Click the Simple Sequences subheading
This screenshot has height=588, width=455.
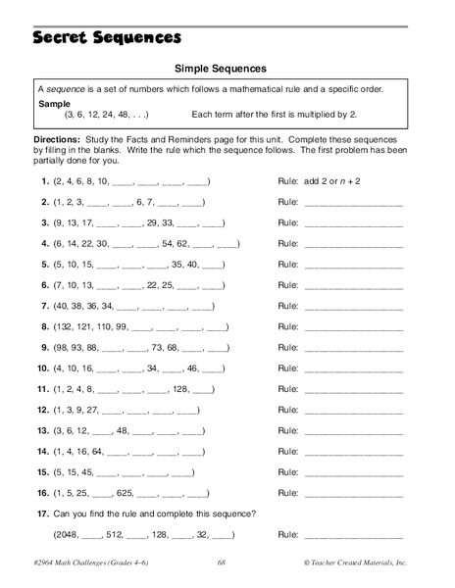pyautogui.click(x=220, y=69)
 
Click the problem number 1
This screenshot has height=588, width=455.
pyautogui.click(x=45, y=182)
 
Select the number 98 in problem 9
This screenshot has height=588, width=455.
pyautogui.click(x=64, y=347)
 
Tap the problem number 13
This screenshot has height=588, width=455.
pyautogui.click(x=43, y=429)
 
